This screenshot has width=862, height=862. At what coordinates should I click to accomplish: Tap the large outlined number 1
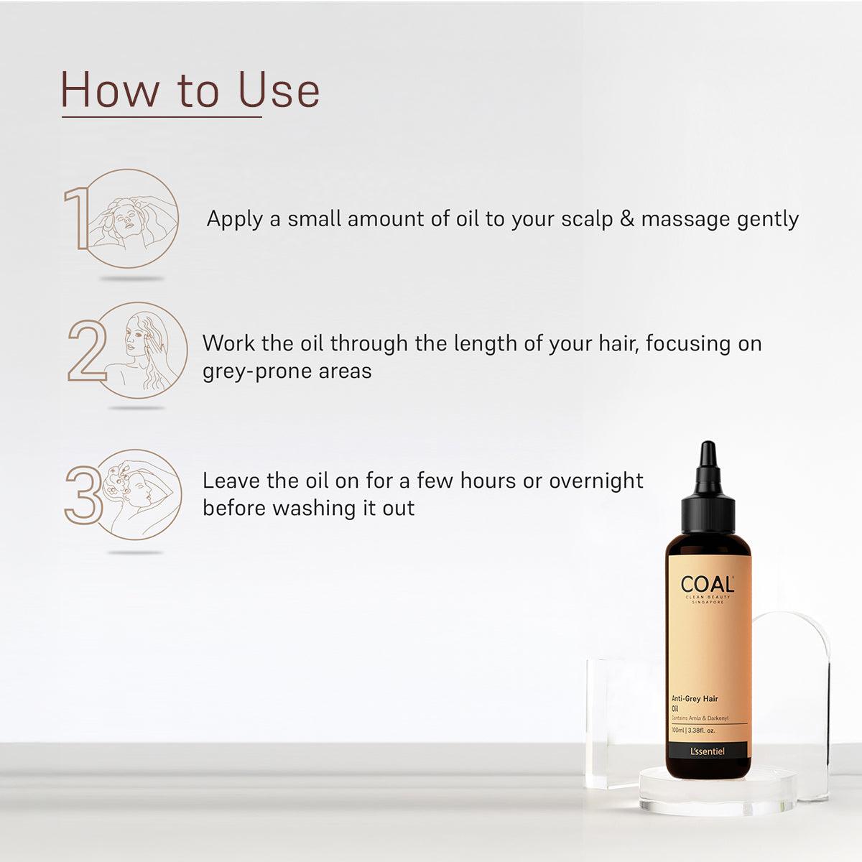[75, 219]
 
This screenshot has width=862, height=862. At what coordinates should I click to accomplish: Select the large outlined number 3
[81, 494]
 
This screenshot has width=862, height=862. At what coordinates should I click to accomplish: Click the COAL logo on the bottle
[707, 582]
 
